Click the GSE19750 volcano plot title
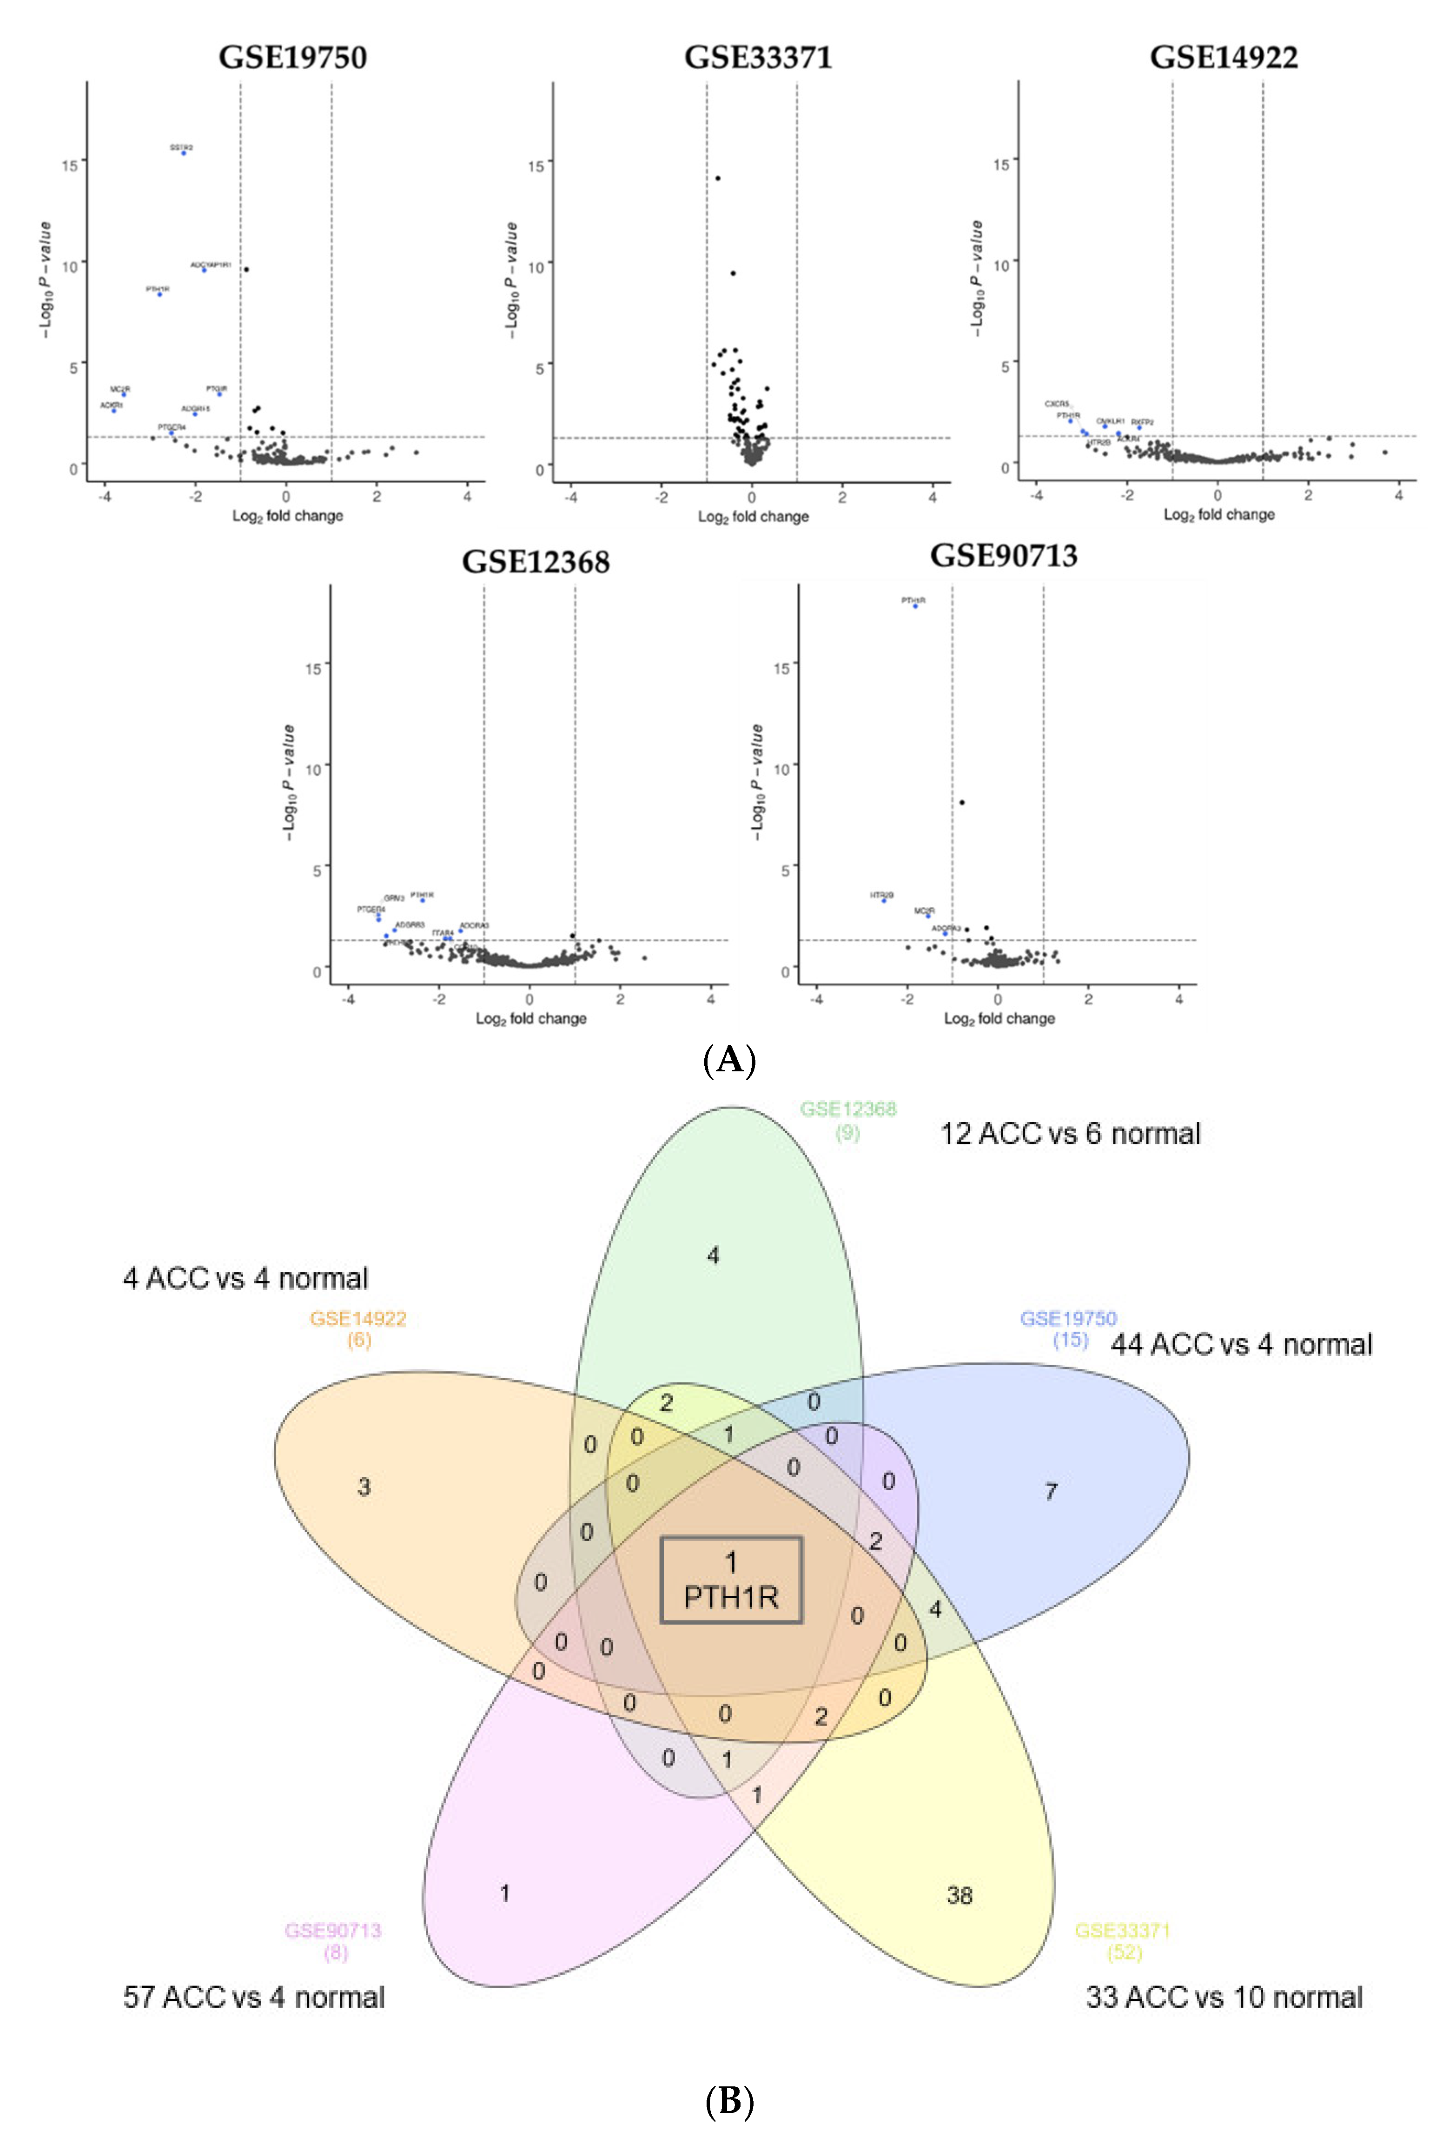tap(292, 57)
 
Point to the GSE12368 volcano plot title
tap(536, 561)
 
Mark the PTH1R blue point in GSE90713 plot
tap(914, 605)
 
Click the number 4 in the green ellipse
tap(713, 1255)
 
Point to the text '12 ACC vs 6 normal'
tap(1070, 1133)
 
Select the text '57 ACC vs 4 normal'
tap(254, 1997)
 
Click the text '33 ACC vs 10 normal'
tap(1224, 1997)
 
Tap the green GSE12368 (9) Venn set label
tap(847, 1120)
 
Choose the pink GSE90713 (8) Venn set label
tap(333, 1940)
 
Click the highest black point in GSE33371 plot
tap(718, 179)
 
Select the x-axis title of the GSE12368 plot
tap(531, 1018)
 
